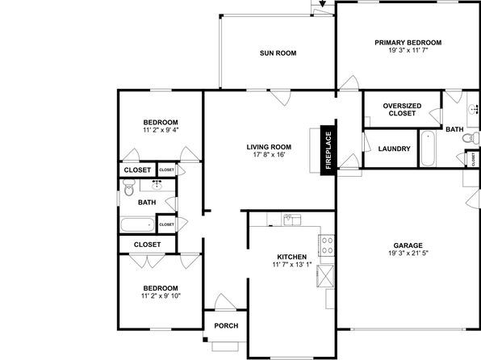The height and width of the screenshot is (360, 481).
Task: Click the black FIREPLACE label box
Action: pyautogui.click(x=328, y=150)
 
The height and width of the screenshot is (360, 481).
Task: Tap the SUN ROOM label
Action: pyautogui.click(x=278, y=53)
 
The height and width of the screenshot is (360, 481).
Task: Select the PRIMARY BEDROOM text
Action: pyautogui.click(x=408, y=43)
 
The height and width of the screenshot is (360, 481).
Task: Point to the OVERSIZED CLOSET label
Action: pyautogui.click(x=402, y=110)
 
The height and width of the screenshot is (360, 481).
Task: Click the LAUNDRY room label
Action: pyautogui.click(x=394, y=149)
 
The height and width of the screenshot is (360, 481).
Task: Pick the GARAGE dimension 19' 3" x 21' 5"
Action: pyautogui.click(x=408, y=253)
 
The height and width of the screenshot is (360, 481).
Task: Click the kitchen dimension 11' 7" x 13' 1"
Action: pyautogui.click(x=291, y=265)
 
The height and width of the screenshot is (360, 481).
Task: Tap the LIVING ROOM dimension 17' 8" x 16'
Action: pyautogui.click(x=269, y=155)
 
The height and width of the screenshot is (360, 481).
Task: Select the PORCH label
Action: pyautogui.click(x=227, y=325)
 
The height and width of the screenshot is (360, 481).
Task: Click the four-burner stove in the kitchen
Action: pyautogui.click(x=327, y=245)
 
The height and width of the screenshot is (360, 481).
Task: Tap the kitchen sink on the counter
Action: pyautogui.click(x=292, y=220)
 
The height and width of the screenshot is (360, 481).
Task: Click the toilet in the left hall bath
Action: pyautogui.click(x=129, y=188)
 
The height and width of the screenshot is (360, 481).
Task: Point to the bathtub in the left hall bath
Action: pyautogui.click(x=137, y=224)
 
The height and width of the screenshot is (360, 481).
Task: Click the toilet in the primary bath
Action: pyautogui.click(x=471, y=138)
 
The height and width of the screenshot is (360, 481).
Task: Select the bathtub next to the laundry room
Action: pyautogui.click(x=428, y=149)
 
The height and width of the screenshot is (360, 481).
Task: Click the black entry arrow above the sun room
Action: pyautogui.click(x=322, y=3)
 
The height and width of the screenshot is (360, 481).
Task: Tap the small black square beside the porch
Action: pyautogui.click(x=205, y=340)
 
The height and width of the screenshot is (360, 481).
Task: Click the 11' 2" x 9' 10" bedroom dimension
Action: pyautogui.click(x=161, y=296)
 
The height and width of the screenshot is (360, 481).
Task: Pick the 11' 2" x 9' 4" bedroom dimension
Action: pyautogui.click(x=161, y=130)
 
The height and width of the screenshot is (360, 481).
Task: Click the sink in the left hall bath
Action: pyautogui.click(x=157, y=185)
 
